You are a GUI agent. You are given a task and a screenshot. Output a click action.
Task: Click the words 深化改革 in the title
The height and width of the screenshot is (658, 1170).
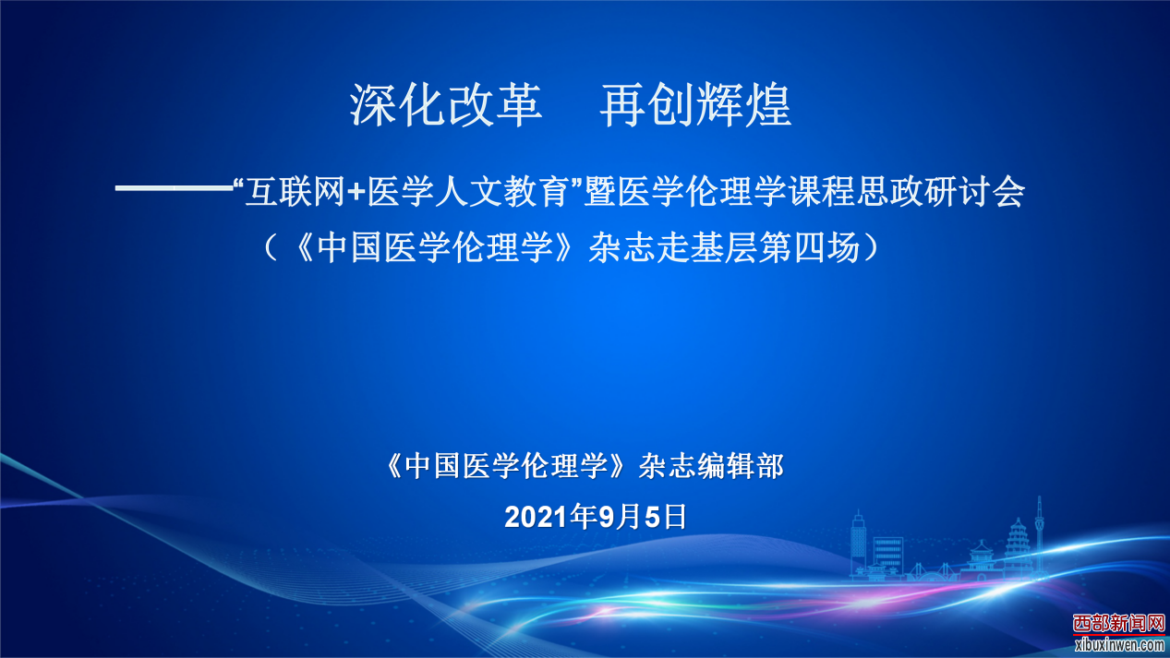point(446,105)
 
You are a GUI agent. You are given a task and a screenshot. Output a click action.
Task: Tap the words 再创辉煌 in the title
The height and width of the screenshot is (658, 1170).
point(695,105)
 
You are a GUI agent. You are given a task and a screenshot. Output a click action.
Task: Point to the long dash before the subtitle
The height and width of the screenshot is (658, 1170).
point(174,188)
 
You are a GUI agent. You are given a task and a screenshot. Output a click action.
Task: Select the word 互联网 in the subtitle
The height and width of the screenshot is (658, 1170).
point(295,192)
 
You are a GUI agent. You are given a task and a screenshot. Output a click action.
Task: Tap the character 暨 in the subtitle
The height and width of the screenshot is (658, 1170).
point(599,192)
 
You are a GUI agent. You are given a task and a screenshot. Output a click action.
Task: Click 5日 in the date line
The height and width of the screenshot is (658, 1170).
point(666,517)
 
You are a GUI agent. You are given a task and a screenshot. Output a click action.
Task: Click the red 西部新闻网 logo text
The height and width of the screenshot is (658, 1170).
point(1119,623)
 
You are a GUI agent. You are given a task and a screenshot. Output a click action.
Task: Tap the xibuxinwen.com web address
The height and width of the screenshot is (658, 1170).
point(1119,645)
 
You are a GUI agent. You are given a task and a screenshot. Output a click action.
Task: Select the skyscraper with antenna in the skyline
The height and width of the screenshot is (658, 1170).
point(858,543)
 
